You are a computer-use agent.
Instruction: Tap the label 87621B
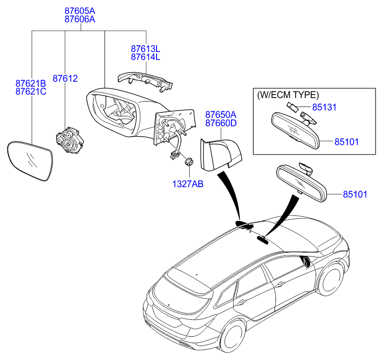30,83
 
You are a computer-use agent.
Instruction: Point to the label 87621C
30,92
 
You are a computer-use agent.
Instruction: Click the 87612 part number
65,79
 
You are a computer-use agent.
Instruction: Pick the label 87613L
146,49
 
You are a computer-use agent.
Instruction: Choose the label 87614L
146,57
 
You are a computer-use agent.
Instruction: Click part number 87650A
221,114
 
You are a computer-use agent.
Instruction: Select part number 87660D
221,123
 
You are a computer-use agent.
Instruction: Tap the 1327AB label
188,184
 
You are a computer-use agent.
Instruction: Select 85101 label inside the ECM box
346,142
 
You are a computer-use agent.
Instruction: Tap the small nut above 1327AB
188,162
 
